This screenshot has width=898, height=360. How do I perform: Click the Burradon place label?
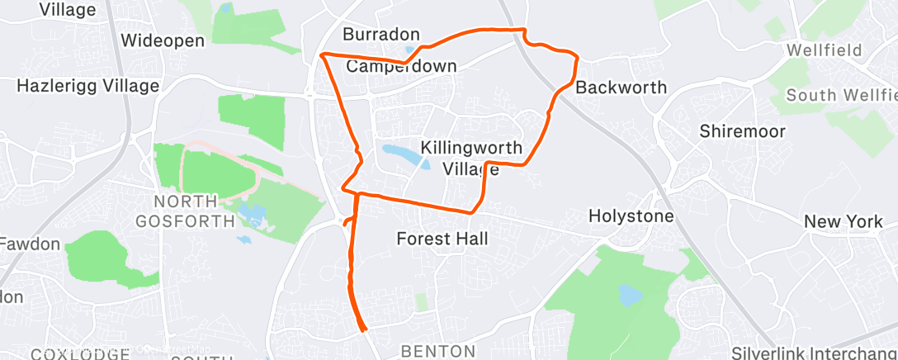[x=381, y=35]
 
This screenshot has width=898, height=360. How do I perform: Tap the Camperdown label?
[x=401, y=66]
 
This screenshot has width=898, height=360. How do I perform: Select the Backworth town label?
[x=621, y=88]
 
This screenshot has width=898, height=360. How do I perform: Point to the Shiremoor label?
[x=742, y=131]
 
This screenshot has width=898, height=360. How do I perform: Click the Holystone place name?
[x=631, y=216]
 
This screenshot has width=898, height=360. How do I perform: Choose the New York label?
[x=844, y=221]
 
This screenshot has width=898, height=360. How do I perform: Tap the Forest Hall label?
[x=442, y=239]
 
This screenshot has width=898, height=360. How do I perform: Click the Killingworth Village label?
[x=471, y=159]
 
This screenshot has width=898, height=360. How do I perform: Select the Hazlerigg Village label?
[x=88, y=85]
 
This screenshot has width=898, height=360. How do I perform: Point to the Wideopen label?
[x=162, y=40]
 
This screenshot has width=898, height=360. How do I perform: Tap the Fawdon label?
[x=30, y=244]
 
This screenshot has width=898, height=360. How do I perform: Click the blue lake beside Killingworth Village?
[x=401, y=154]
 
